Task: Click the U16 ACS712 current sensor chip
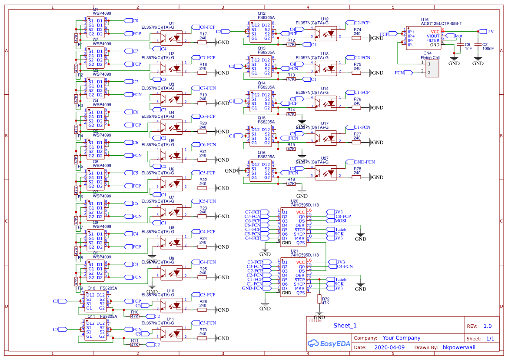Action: pyautogui.click(x=424, y=38)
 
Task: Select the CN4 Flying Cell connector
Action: pyautogui.click(x=432, y=68)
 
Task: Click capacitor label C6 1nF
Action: pyautogui.click(x=468, y=47)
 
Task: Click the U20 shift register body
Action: pyautogui.click(x=293, y=227)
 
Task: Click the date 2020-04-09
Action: pyautogui.click(x=389, y=348)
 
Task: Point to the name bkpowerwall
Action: pyautogui.click(x=459, y=348)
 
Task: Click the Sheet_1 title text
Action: pyautogui.click(x=345, y=326)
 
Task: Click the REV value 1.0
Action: pyautogui.click(x=488, y=326)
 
